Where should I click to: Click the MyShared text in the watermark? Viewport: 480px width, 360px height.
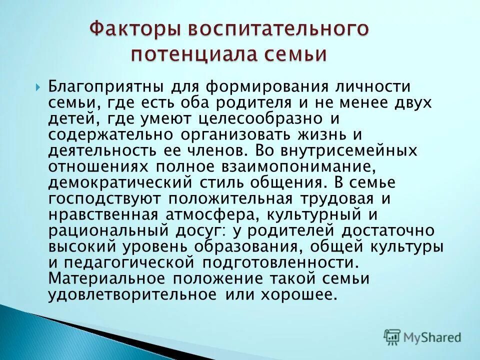click(x=432, y=336)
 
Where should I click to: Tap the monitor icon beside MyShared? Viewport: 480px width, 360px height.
click(x=392, y=336)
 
